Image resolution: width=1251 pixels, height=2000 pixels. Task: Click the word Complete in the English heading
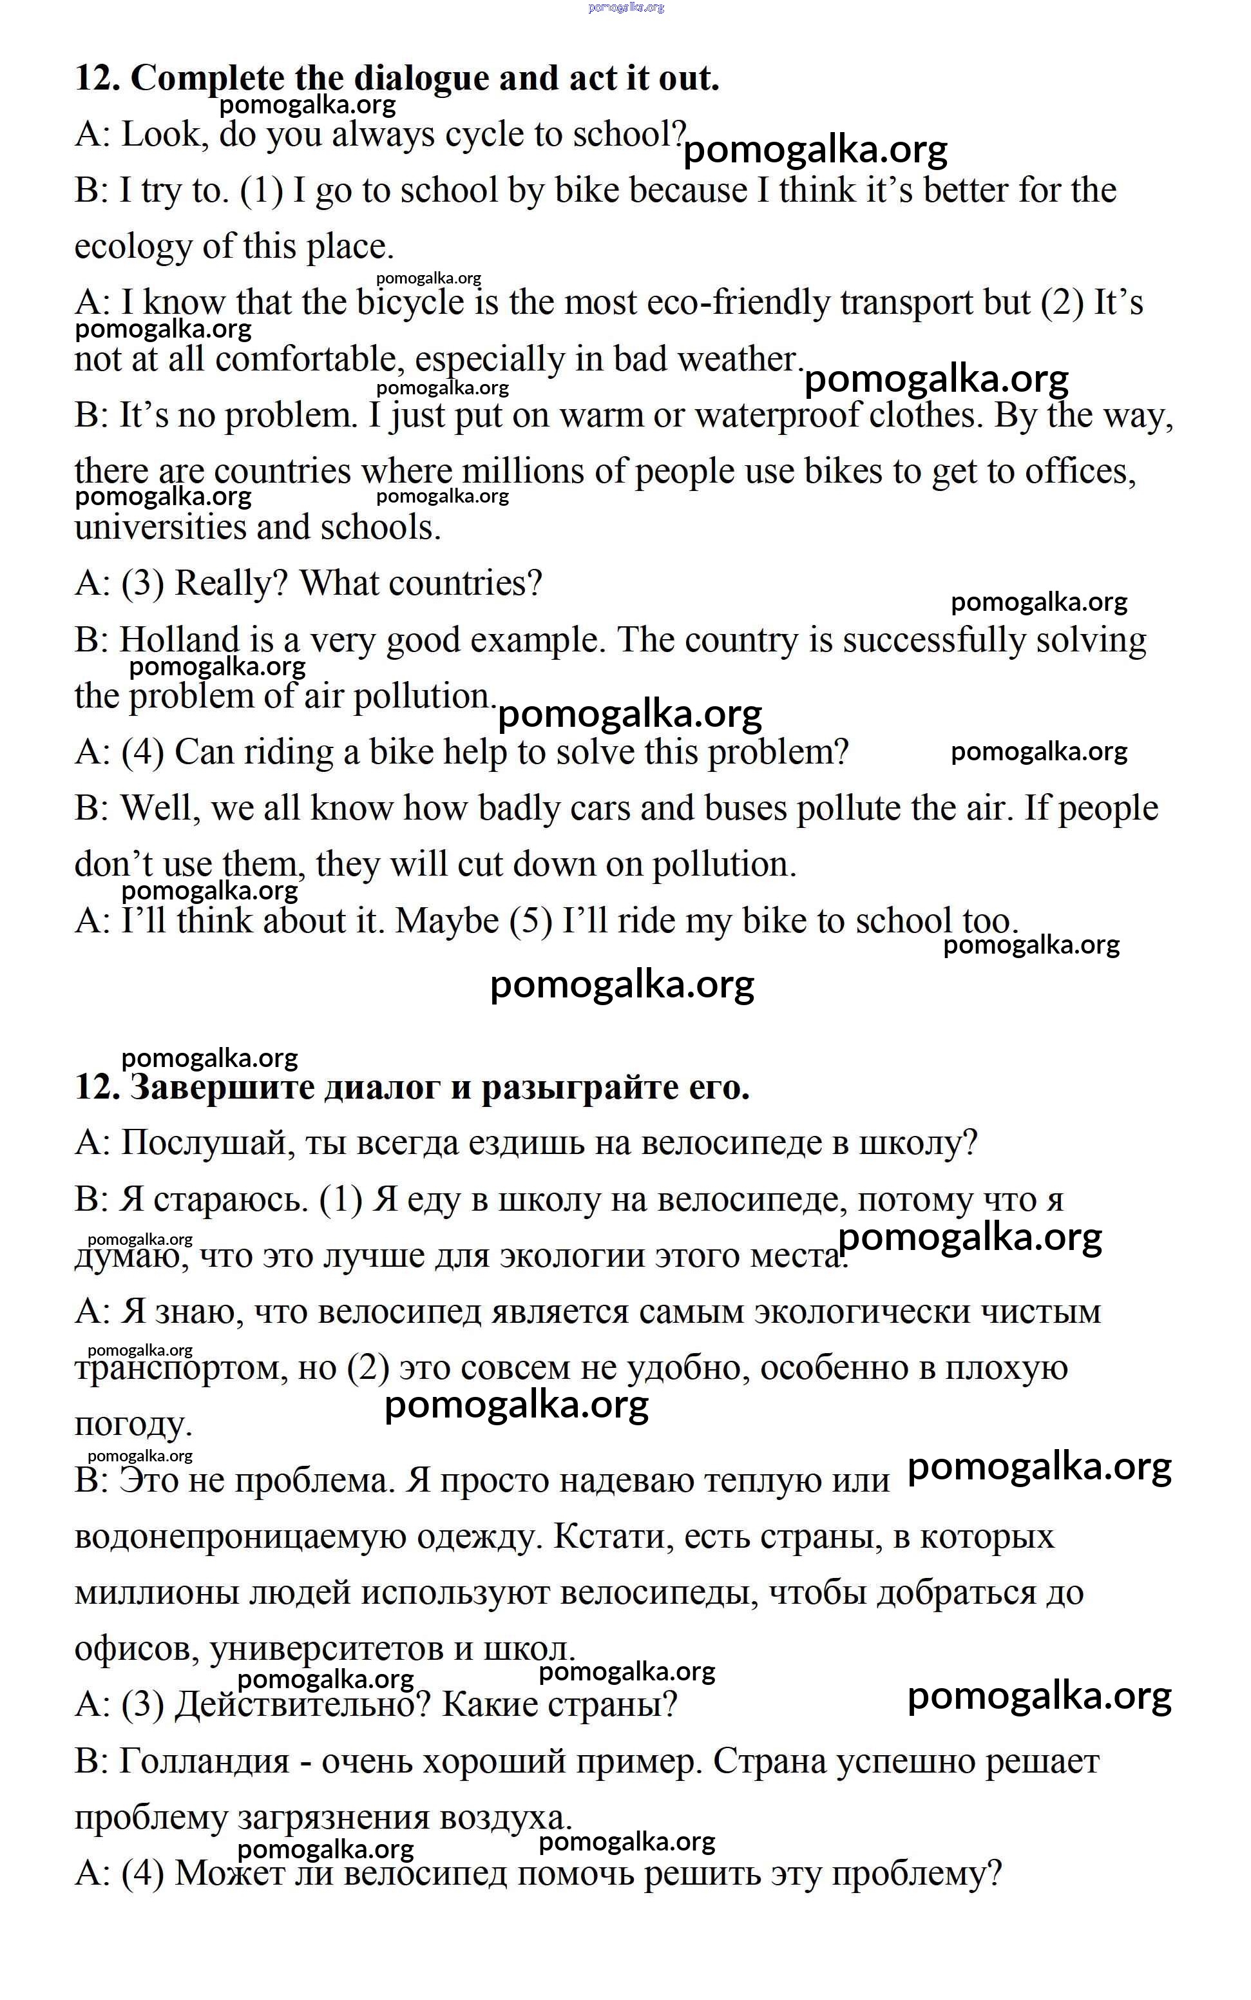pos(207,79)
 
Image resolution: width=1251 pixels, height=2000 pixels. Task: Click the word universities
pos(160,528)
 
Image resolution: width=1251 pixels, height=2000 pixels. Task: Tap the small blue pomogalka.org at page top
pos(625,8)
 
